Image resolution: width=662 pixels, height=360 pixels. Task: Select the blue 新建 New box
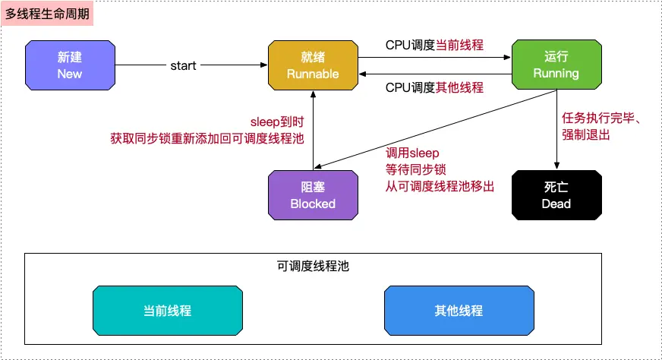(x=69, y=65)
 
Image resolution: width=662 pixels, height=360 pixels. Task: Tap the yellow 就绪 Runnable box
(x=312, y=65)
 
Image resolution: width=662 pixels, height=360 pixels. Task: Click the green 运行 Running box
(x=556, y=65)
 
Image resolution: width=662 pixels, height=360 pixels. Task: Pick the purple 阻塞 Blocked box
(x=312, y=195)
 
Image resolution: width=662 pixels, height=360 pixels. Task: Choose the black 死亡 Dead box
(x=556, y=195)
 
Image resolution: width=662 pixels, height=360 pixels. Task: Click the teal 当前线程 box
(x=167, y=311)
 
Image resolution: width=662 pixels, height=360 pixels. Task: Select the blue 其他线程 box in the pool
(x=459, y=311)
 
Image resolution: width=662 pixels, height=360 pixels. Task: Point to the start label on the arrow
(x=183, y=66)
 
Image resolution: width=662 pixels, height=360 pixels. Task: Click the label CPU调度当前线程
(x=434, y=44)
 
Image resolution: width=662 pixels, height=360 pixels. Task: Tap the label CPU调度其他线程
(x=434, y=87)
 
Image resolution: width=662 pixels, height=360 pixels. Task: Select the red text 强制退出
(x=586, y=135)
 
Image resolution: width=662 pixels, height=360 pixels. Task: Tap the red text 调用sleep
(x=412, y=152)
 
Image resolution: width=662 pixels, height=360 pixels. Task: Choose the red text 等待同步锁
(x=416, y=169)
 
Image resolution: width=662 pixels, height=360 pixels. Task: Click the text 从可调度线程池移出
(x=440, y=185)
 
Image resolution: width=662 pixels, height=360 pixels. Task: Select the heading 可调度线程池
(x=313, y=267)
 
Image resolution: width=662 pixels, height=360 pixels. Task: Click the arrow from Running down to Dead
(x=558, y=129)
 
